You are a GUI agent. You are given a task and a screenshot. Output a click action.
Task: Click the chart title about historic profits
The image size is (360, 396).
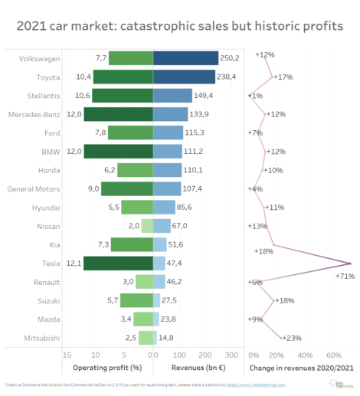pos(179,25)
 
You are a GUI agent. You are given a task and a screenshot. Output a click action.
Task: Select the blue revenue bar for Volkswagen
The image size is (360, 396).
pos(186,58)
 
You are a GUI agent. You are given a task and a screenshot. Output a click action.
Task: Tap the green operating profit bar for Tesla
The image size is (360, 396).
pos(118,263)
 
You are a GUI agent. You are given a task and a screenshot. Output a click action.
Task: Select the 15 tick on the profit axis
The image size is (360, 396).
pos(67,355)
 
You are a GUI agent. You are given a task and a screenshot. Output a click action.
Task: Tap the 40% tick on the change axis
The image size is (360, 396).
pos(305,355)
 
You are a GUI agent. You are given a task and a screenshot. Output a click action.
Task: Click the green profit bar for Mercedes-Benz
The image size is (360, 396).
pos(119,114)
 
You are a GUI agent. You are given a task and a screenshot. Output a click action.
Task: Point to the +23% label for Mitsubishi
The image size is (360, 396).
pos(292,338)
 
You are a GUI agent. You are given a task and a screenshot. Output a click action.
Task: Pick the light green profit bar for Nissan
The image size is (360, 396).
pos(147,226)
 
